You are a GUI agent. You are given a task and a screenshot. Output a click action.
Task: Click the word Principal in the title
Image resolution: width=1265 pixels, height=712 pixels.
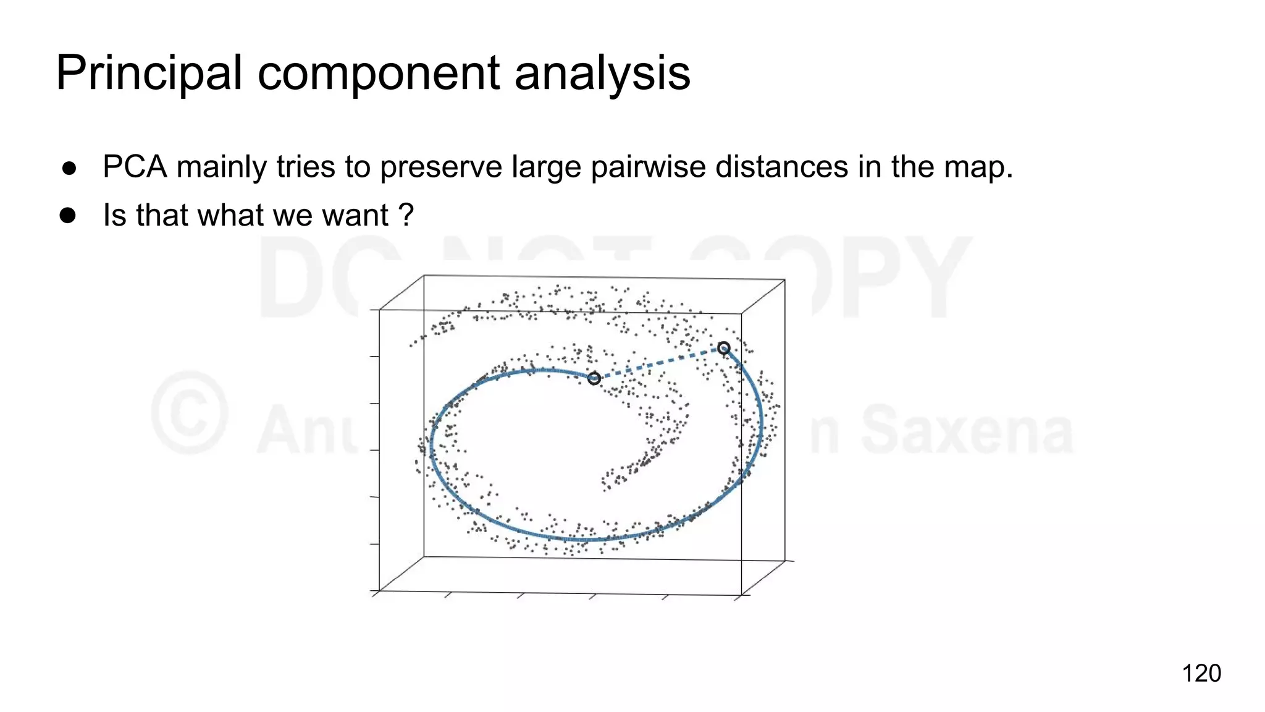click(148, 73)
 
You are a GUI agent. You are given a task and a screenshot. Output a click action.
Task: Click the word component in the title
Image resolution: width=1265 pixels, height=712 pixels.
click(379, 73)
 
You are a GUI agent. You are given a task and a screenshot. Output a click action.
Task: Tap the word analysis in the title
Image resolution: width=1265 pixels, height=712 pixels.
click(602, 73)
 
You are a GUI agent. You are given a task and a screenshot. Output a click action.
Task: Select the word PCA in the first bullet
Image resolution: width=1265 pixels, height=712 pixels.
click(135, 167)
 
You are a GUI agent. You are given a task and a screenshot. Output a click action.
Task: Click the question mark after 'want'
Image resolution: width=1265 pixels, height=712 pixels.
click(406, 215)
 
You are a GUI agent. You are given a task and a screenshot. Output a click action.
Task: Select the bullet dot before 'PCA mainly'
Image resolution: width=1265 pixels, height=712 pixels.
click(69, 168)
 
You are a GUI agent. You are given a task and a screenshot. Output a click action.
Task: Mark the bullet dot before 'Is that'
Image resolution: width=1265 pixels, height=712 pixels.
click(68, 216)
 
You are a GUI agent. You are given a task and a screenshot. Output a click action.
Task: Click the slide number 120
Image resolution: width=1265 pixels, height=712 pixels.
click(1201, 673)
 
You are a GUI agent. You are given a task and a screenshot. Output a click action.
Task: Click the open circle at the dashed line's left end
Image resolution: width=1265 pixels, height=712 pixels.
click(594, 378)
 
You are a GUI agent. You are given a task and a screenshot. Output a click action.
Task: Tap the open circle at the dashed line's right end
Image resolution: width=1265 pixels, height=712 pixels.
click(724, 349)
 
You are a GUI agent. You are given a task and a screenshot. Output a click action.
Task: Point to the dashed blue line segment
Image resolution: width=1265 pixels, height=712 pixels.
click(659, 363)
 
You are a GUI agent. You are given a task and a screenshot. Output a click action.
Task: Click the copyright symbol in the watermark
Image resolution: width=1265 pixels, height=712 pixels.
click(190, 412)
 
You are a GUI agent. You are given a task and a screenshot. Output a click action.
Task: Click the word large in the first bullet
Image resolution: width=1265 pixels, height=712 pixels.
click(547, 167)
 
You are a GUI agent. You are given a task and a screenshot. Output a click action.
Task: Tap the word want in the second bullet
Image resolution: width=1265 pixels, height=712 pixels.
click(355, 215)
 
